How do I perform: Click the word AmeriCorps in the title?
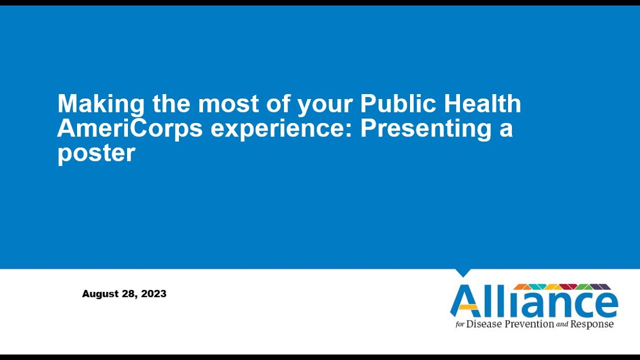point(129,128)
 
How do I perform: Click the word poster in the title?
point(96,153)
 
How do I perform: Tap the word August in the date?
point(100,294)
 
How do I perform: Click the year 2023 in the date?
point(154,294)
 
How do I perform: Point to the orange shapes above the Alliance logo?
point(522,286)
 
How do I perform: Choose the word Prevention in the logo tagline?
point(529,324)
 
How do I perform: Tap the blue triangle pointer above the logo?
point(463,272)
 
